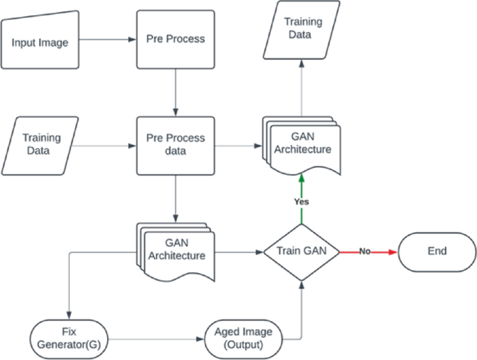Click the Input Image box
click(x=40, y=42)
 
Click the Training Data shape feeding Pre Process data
click(x=42, y=144)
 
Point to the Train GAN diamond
click(x=301, y=251)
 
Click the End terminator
click(x=437, y=251)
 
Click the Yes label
click(x=301, y=201)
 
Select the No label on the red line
click(x=364, y=251)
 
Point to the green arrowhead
click(x=301, y=178)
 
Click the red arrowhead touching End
click(x=392, y=251)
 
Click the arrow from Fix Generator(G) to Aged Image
click(x=154, y=339)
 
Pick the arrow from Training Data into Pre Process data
click(x=104, y=146)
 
